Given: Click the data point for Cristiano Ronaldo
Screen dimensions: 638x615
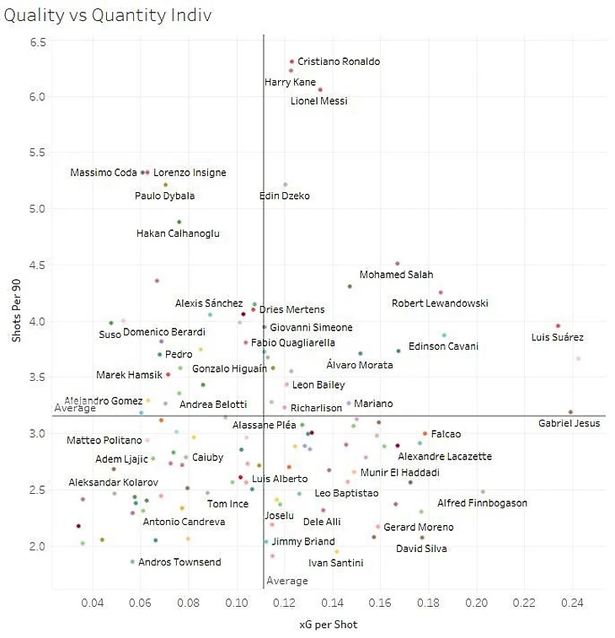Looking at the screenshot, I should pyautogui.click(x=291, y=62).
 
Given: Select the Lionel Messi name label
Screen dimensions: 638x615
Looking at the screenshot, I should pyautogui.click(x=318, y=101).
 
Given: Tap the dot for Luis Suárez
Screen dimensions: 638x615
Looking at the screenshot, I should pyautogui.click(x=558, y=326).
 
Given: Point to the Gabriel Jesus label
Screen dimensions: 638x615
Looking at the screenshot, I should pyautogui.click(x=569, y=423).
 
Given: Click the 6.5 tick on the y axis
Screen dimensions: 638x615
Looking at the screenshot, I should pyautogui.click(x=38, y=41).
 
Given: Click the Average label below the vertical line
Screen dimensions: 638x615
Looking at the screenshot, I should pyautogui.click(x=287, y=581).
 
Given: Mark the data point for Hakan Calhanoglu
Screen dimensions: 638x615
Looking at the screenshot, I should pyautogui.click(x=179, y=222).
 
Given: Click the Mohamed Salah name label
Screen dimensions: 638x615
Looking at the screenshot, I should pyautogui.click(x=396, y=275).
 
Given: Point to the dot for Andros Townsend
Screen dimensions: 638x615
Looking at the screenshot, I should pyautogui.click(x=132, y=562).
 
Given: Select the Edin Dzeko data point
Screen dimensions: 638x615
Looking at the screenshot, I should pyautogui.click(x=286, y=185).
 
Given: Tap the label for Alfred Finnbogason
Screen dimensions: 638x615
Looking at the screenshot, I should pyautogui.click(x=482, y=503).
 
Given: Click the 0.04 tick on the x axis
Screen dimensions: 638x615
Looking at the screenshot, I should pyautogui.click(x=92, y=603).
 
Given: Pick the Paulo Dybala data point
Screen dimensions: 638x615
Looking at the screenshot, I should pyautogui.click(x=165, y=185).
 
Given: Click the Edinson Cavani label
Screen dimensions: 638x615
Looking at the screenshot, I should pyautogui.click(x=443, y=346).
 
